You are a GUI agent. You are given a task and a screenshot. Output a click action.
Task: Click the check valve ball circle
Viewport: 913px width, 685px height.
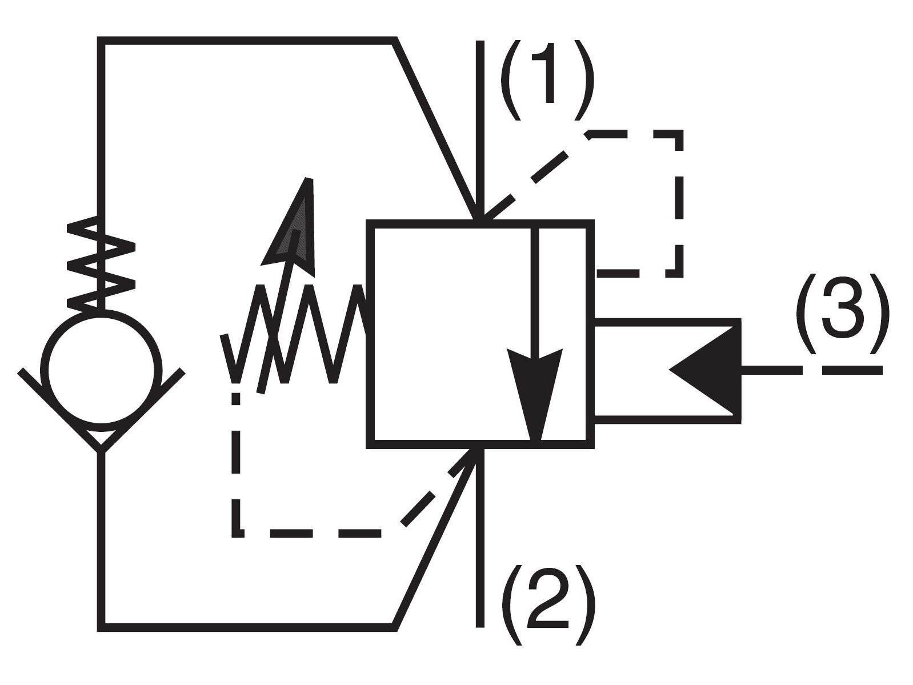tap(101, 371)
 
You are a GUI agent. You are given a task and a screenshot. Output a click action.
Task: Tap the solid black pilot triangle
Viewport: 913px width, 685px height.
tap(704, 370)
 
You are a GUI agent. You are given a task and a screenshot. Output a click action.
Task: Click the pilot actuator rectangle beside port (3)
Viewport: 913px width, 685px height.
tap(668, 371)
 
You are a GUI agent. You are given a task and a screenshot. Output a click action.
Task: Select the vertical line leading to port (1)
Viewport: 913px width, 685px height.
tap(480, 129)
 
